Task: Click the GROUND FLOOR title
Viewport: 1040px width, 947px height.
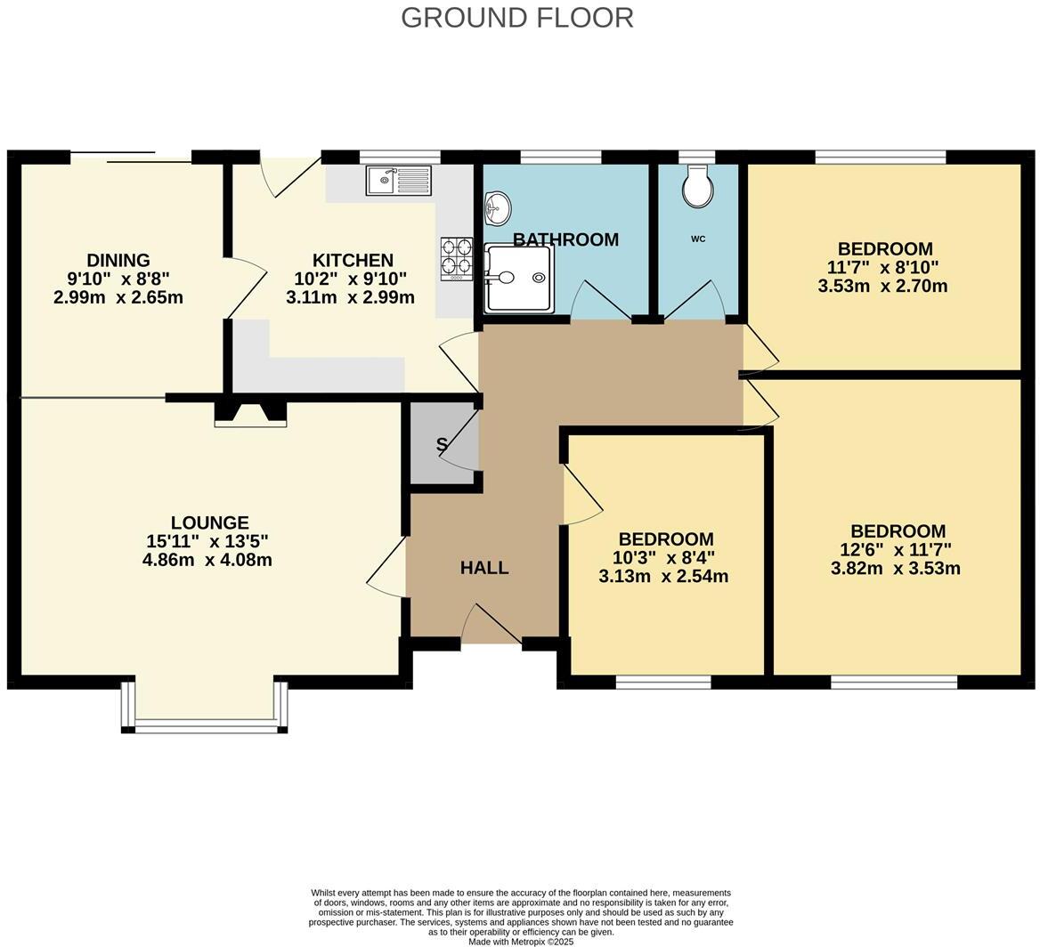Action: pyautogui.click(x=516, y=17)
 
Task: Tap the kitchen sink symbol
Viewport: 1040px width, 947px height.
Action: pyautogui.click(x=398, y=181)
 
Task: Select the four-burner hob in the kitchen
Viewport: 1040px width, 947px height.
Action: pyautogui.click(x=457, y=257)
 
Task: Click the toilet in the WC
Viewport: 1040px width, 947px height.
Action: pyautogui.click(x=697, y=187)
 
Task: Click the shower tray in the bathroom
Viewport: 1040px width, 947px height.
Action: pyautogui.click(x=519, y=279)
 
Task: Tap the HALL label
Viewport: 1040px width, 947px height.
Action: pyautogui.click(x=484, y=568)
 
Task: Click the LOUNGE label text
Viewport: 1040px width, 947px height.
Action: pyautogui.click(x=209, y=522)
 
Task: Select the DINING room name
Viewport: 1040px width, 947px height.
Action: pyautogui.click(x=118, y=260)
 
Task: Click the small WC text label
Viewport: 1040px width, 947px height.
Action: pyautogui.click(x=698, y=239)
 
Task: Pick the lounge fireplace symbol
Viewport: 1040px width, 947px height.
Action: pyautogui.click(x=250, y=414)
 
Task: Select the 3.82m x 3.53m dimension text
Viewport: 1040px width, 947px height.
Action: pyautogui.click(x=895, y=569)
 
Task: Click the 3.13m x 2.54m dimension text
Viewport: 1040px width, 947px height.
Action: pyautogui.click(x=663, y=577)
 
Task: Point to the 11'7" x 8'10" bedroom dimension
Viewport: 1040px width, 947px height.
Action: pyautogui.click(x=882, y=267)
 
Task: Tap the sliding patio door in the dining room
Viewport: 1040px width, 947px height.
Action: pyautogui.click(x=131, y=159)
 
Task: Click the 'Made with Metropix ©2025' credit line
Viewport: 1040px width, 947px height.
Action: pyautogui.click(x=521, y=941)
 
